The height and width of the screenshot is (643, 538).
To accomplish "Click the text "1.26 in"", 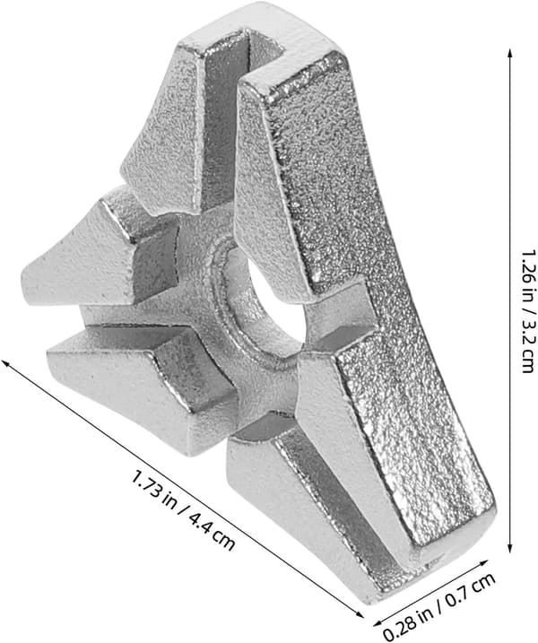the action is [528, 271].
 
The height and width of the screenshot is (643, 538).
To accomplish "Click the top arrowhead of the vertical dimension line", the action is [509, 53].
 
